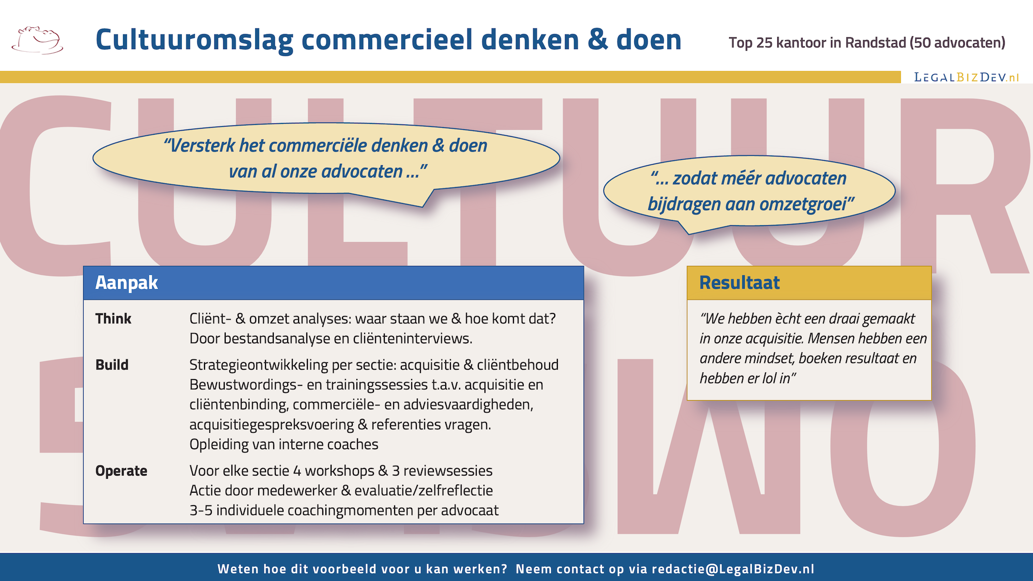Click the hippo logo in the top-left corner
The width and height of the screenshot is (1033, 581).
(37, 40)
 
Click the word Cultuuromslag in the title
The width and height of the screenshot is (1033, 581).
(194, 40)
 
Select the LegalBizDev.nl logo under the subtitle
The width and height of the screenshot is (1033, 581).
(966, 77)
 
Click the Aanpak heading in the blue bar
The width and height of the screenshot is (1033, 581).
(127, 282)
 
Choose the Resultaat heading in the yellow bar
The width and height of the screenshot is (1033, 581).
(739, 282)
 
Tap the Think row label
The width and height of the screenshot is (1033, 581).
(113, 319)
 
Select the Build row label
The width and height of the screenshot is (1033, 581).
(112, 365)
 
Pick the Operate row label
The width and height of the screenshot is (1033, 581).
(121, 471)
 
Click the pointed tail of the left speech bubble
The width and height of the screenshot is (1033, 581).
(423, 206)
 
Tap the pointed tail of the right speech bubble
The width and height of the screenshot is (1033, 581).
(689, 233)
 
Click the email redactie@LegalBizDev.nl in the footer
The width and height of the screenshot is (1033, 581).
(733, 569)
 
